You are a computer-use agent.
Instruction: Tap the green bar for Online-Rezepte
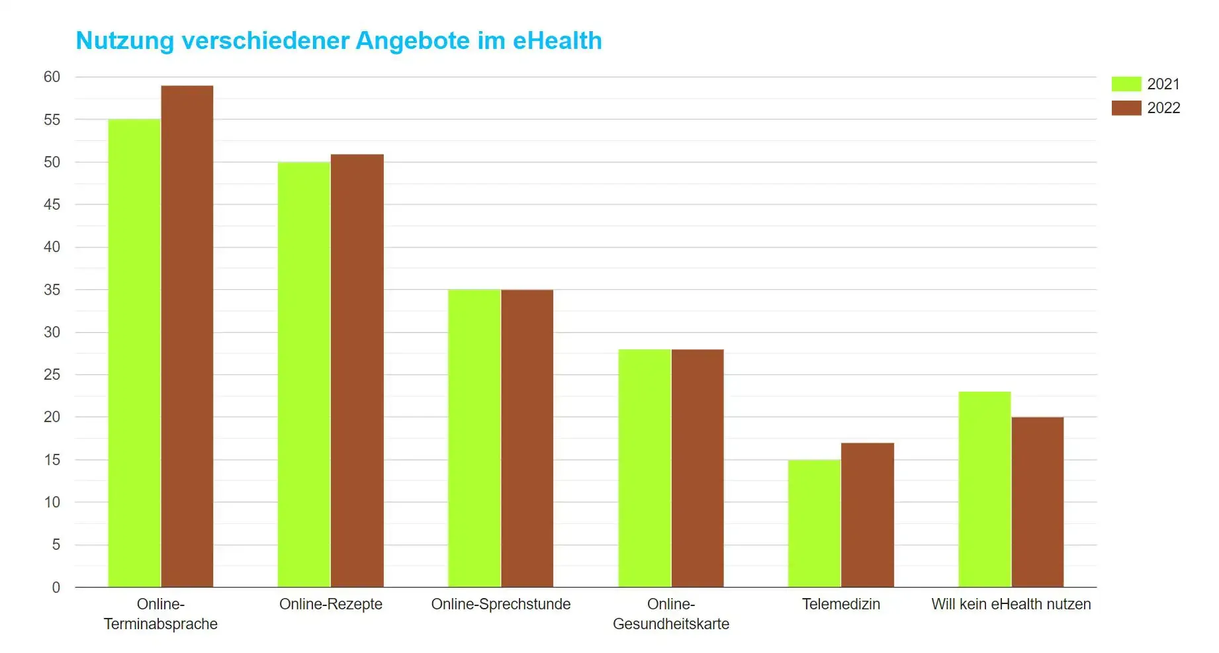[304, 374]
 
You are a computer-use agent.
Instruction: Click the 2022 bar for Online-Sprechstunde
[527, 438]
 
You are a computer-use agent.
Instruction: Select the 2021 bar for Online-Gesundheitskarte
[645, 468]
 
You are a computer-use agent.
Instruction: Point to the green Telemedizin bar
[814, 523]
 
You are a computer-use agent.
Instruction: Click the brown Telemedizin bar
[868, 515]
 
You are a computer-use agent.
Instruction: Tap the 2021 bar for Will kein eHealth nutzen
[985, 489]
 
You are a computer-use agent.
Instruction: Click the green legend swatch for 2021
[1126, 84]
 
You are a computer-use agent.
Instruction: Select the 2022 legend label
[1163, 108]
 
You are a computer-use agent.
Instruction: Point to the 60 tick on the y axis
[52, 77]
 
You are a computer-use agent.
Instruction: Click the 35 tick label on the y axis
[52, 290]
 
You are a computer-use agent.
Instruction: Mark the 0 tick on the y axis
[56, 588]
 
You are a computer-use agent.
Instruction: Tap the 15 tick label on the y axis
[52, 460]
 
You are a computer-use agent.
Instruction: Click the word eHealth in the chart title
[557, 40]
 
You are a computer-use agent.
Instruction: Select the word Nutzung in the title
[125, 40]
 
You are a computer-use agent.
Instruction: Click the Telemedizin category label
[841, 604]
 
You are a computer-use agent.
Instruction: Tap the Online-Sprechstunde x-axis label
[501, 604]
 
